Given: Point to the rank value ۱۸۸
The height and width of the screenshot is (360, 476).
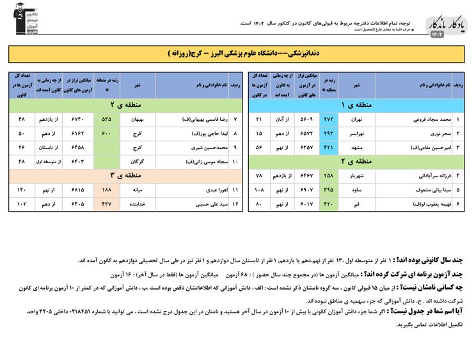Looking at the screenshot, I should click(106, 191).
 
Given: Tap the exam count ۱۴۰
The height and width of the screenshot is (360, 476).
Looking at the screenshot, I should click(22, 191).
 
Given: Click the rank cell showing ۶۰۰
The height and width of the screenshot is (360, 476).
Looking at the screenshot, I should click(106, 133).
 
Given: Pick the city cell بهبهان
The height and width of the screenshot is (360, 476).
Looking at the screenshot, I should click(137, 120).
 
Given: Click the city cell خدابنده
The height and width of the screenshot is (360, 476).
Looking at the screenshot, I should click(137, 204).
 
